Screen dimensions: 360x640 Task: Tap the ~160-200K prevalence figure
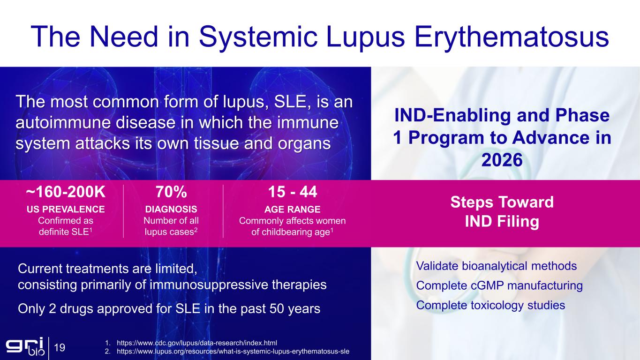(66, 192)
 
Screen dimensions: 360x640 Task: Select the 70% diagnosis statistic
(171, 192)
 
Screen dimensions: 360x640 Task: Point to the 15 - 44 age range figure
(292, 192)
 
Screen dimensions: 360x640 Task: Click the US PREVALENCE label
(66, 209)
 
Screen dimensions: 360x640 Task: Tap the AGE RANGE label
(292, 209)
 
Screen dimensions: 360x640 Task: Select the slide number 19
(60, 348)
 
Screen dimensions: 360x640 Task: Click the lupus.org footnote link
(233, 351)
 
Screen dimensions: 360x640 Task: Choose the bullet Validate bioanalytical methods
(496, 266)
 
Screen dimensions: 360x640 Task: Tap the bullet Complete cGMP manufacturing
(499, 285)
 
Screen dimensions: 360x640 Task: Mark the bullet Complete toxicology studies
(490, 305)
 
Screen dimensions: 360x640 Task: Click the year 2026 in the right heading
(502, 160)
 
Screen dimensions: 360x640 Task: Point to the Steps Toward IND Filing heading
(502, 212)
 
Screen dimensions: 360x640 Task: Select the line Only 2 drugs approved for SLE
(169, 309)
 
